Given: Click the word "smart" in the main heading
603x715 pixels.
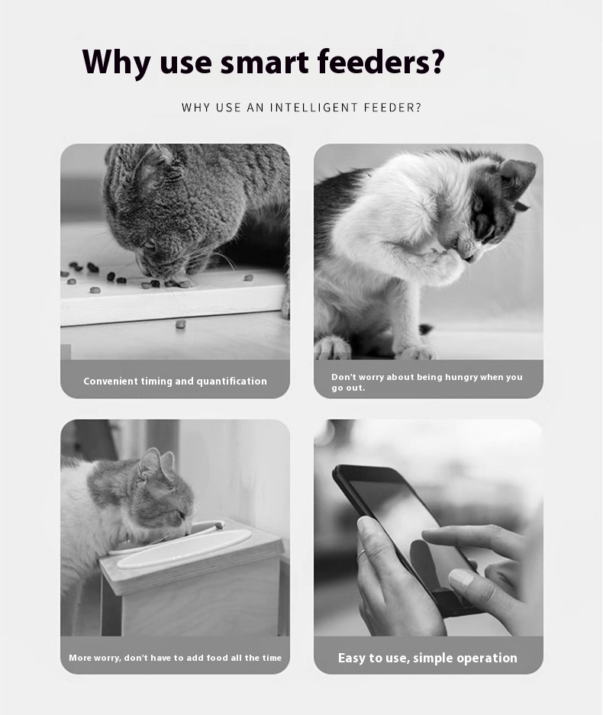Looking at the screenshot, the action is (x=263, y=62).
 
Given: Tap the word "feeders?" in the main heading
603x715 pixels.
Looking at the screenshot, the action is (x=380, y=61).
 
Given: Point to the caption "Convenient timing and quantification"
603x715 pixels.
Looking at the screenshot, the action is (x=175, y=382).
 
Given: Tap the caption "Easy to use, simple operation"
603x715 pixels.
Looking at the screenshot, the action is (x=428, y=658).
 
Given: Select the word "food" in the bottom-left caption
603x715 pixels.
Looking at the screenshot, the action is (x=218, y=658).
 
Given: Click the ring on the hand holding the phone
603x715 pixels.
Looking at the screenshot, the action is (x=361, y=553).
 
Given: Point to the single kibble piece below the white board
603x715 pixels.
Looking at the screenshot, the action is (x=181, y=324).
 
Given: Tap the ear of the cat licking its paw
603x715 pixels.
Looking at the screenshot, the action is (x=518, y=176).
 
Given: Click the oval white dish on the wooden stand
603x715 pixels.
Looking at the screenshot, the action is (x=184, y=549).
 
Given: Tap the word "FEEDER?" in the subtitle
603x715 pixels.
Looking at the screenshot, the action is (x=393, y=108).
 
